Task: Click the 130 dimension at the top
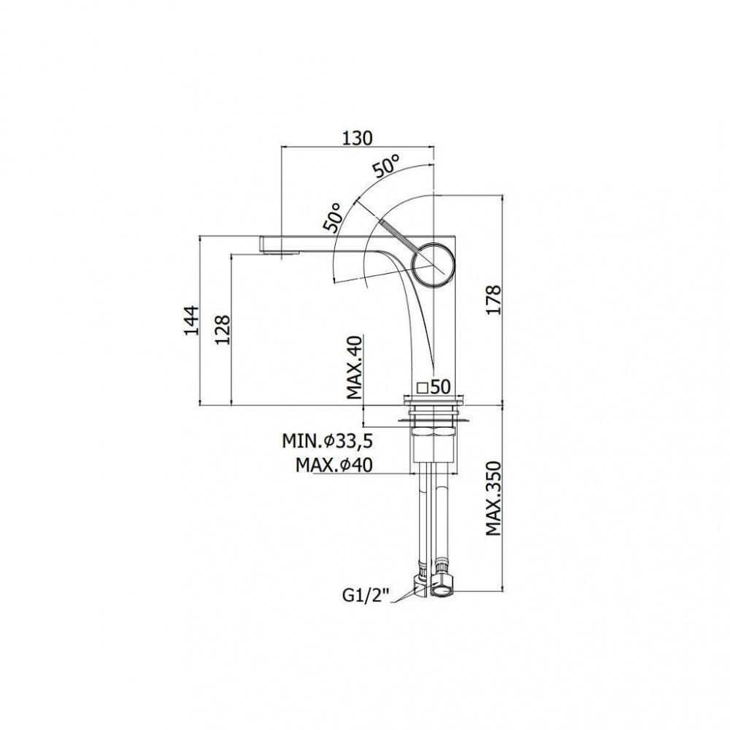(x=358, y=138)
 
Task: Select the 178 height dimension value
(x=493, y=300)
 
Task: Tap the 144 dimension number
(x=191, y=320)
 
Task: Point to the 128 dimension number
(x=223, y=330)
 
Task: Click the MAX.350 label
(x=493, y=498)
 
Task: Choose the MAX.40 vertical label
(x=355, y=367)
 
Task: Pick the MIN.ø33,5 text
(x=327, y=441)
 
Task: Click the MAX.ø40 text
(x=334, y=465)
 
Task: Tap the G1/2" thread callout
(x=366, y=596)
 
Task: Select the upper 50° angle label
(x=386, y=165)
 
